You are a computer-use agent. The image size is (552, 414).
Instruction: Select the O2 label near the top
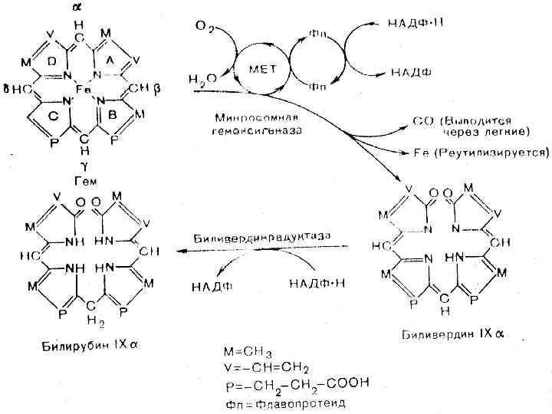click(204, 28)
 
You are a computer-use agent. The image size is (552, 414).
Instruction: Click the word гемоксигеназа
click(251, 130)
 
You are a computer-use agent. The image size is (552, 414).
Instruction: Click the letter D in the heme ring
click(52, 61)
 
